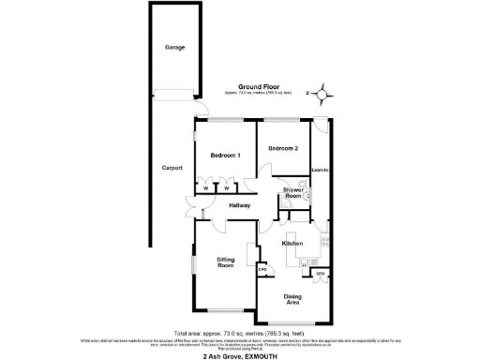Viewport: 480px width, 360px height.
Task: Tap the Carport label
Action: [172, 169]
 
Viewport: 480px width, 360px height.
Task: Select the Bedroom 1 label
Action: [225, 155]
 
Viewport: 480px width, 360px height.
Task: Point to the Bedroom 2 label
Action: [283, 149]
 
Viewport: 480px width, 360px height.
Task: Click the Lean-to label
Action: [321, 169]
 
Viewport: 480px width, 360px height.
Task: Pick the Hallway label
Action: [238, 204]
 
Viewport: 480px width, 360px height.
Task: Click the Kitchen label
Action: [292, 243]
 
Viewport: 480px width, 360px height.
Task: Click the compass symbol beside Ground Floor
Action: [322, 93]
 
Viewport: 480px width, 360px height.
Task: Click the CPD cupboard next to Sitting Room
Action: [263, 269]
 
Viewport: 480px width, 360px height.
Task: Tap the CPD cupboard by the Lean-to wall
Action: [321, 274]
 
